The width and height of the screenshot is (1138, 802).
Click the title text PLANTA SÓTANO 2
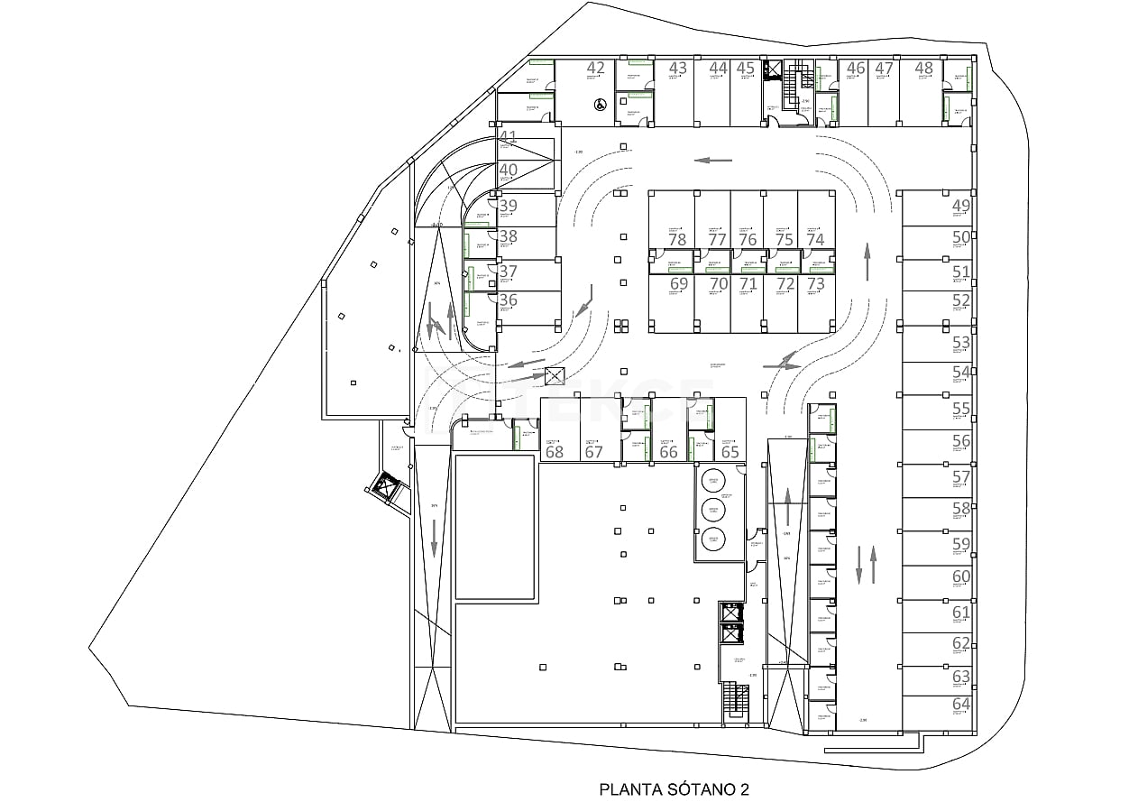pyautogui.click(x=675, y=788)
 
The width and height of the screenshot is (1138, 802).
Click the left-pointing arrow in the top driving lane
pyautogui.click(x=713, y=161)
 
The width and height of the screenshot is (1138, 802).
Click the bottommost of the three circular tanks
pyautogui.click(x=714, y=539)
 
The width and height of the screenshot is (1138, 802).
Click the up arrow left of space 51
pyautogui.click(x=867, y=263)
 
